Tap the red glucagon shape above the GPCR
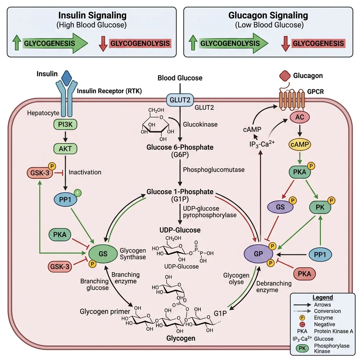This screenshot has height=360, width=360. (285, 76)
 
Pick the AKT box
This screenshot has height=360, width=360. (65, 148)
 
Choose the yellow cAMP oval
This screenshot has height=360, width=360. (300, 144)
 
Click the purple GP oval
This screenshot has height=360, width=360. (258, 253)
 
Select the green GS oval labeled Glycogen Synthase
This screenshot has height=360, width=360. (103, 254)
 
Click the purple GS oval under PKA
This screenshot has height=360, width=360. (280, 207)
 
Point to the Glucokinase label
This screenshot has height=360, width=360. (200, 124)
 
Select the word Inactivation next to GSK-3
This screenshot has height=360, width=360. (85, 172)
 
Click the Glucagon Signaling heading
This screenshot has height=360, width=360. (268, 15)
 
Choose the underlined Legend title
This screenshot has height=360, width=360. (322, 297)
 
